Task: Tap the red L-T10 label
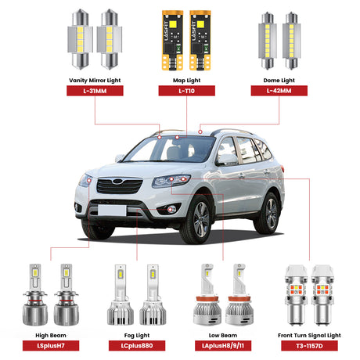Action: pos(185,91)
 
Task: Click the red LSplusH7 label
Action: pos(52,345)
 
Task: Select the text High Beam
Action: pos(52,333)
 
